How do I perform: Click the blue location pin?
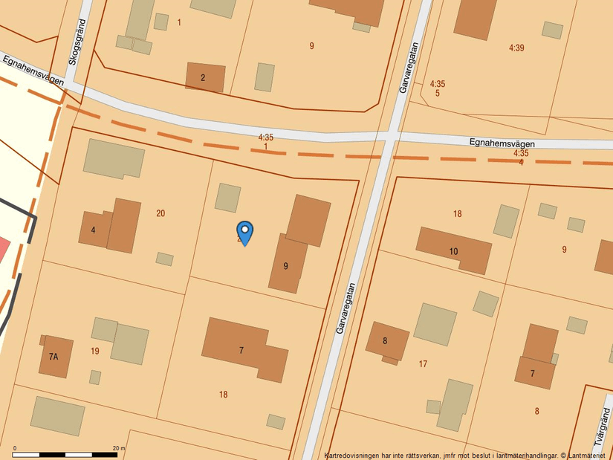pos(244,233)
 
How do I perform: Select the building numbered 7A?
pos(55,357)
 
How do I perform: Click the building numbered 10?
pos(454,251)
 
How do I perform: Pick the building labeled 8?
pos(386,341)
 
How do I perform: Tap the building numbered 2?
pos(204,77)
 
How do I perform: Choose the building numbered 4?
pos(94,230)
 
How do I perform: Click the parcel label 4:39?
pos(516,48)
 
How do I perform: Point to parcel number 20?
pos(160,213)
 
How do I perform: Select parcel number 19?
pos(95,351)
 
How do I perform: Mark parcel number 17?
pos(423,364)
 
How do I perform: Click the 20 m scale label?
pos(118,448)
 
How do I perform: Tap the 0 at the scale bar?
pos(15,448)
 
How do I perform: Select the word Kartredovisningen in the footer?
pos(352,455)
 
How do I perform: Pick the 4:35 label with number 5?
pos(438,88)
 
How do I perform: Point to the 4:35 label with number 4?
pos(521,158)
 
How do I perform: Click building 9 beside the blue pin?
pos(285,265)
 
